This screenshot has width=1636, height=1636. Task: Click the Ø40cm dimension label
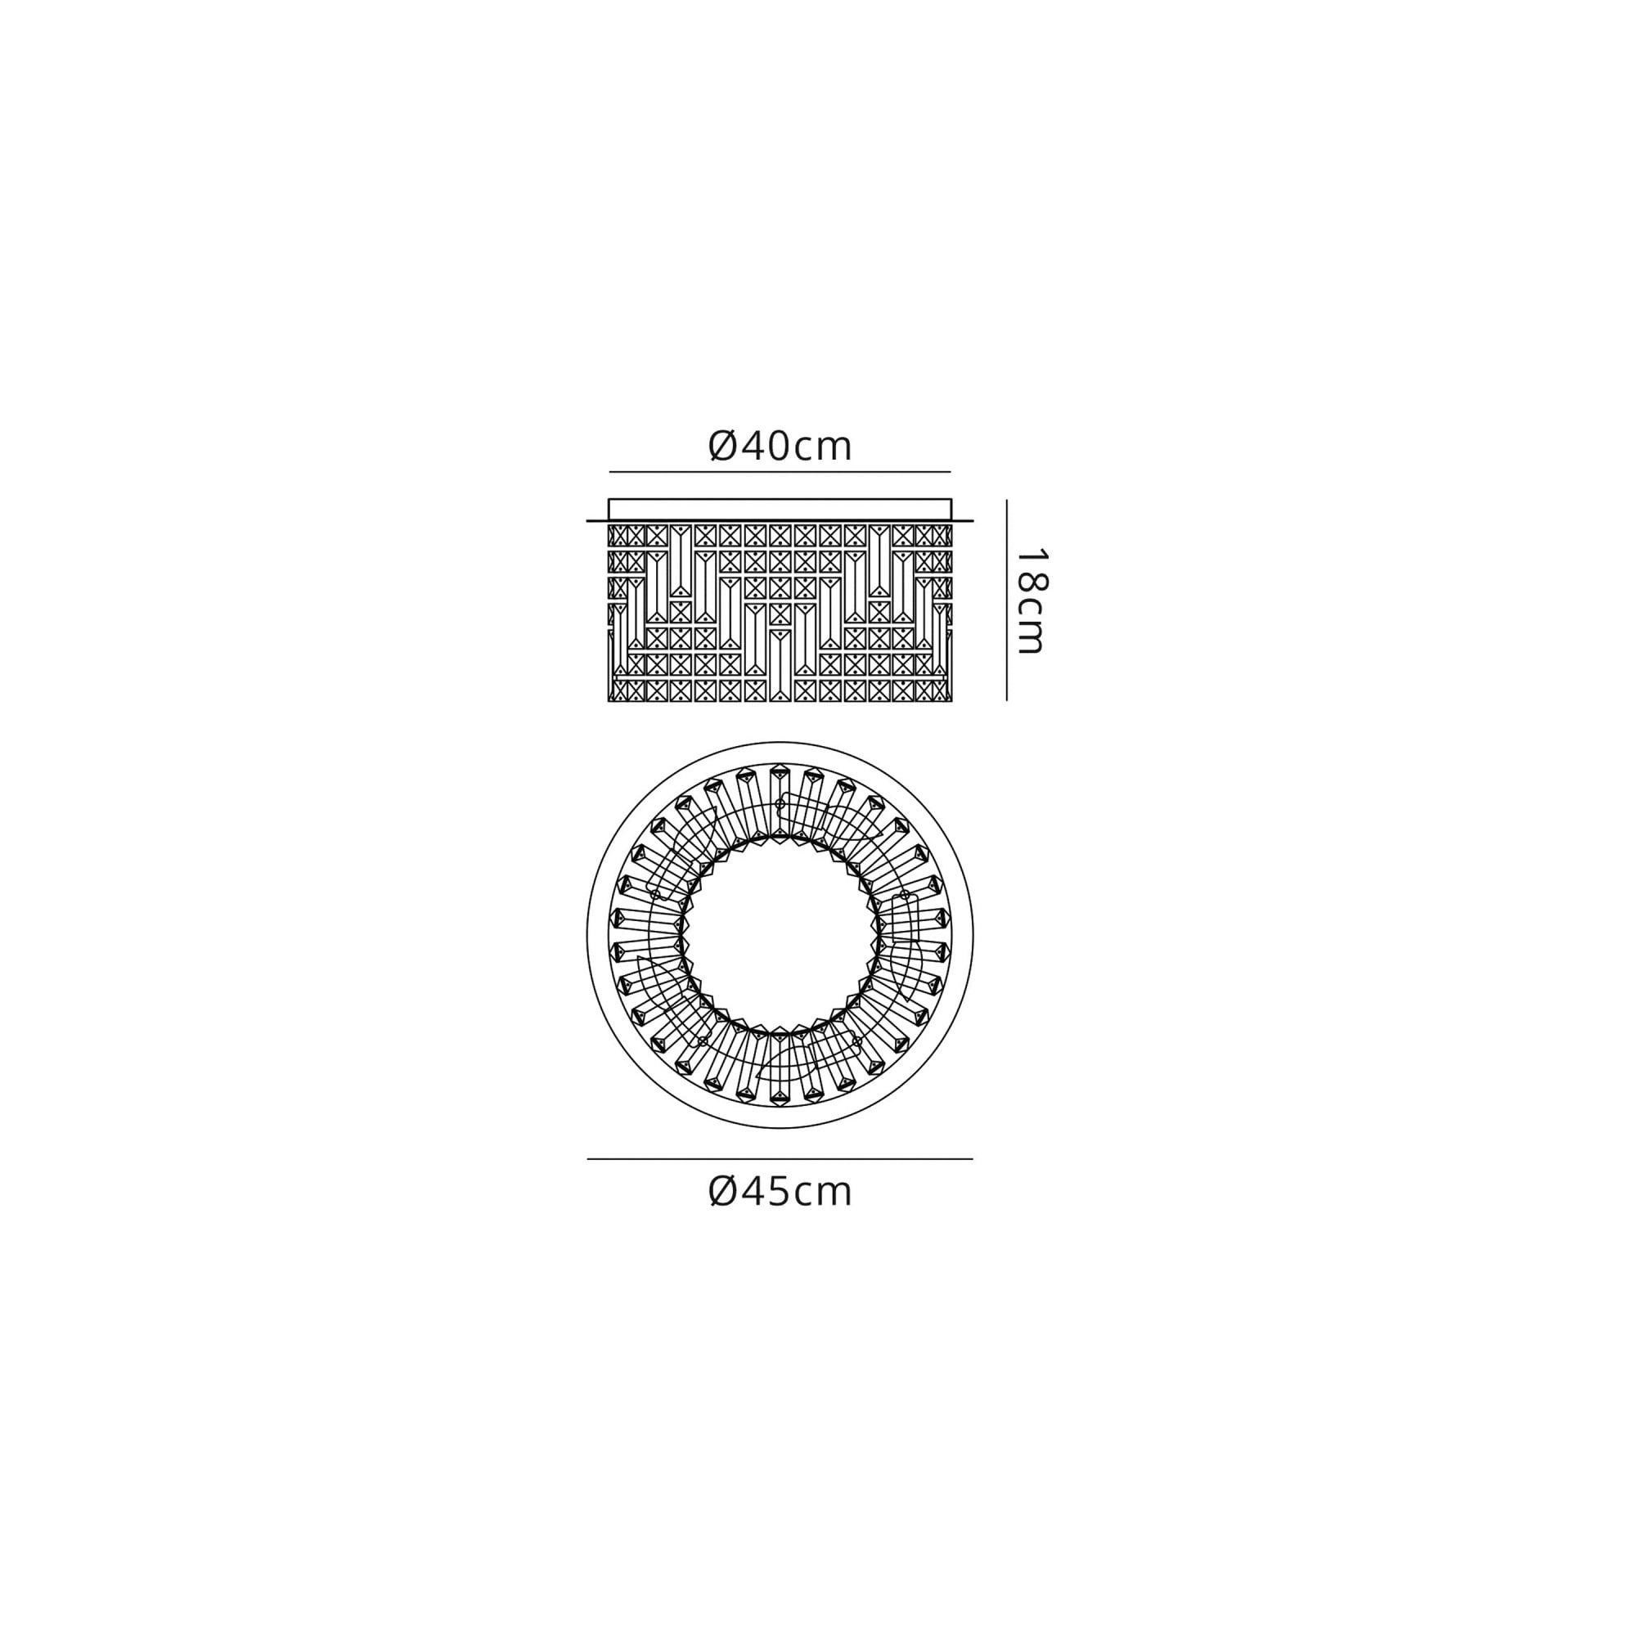779,447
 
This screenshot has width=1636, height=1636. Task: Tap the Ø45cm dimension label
779,1193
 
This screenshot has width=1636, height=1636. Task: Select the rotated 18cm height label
1031,601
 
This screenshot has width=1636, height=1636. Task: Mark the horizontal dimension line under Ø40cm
780,472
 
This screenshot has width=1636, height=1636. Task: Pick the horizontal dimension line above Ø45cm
780,1158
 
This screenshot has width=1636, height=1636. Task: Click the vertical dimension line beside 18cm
1006,600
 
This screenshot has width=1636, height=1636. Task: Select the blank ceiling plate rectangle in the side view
780,509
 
